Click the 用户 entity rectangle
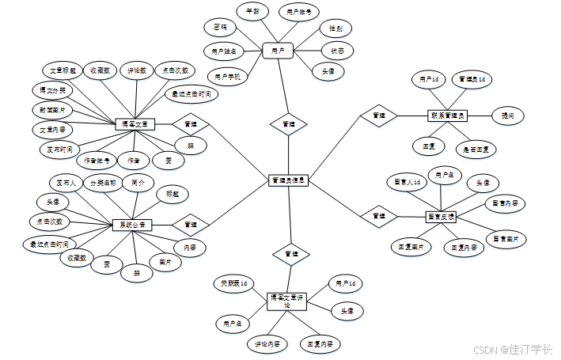278,51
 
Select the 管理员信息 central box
287,181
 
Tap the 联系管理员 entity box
448,116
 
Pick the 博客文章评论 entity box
286,301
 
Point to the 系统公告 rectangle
131,225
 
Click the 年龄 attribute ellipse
253,11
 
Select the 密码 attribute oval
220,28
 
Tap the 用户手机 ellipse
227,76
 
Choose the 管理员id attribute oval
472,79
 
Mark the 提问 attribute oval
507,116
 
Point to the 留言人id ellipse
411,181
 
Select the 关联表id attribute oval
233,282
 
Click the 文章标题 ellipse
58,70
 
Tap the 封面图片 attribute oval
52,109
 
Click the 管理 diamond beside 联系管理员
379,116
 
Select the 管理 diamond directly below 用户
289,124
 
